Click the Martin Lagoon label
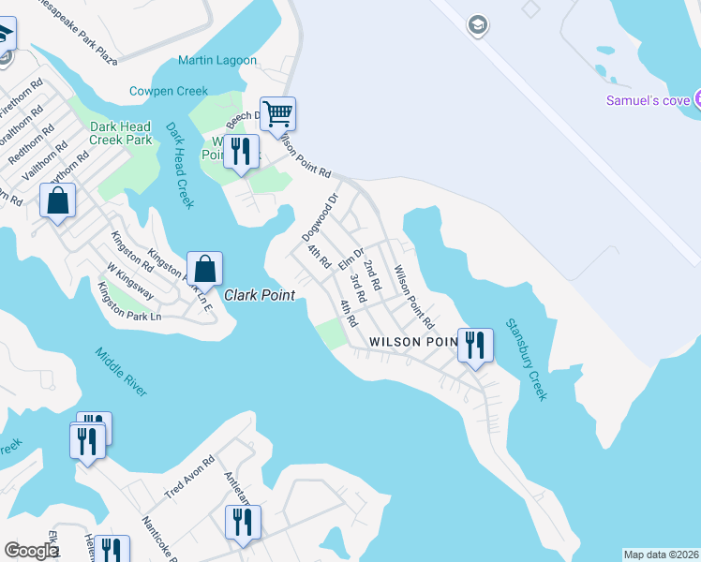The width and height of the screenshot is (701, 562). (217, 60)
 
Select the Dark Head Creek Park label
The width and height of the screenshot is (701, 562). (120, 133)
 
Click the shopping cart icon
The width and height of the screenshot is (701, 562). (278, 114)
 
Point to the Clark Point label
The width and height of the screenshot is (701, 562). (260, 295)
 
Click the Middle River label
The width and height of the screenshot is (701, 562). (121, 372)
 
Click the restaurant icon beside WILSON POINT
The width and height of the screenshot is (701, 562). (475, 345)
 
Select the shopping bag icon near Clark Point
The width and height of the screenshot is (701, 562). (204, 269)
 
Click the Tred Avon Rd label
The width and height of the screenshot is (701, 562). (190, 477)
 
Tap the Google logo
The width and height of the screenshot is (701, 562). (31, 552)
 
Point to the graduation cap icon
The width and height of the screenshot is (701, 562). (478, 23)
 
